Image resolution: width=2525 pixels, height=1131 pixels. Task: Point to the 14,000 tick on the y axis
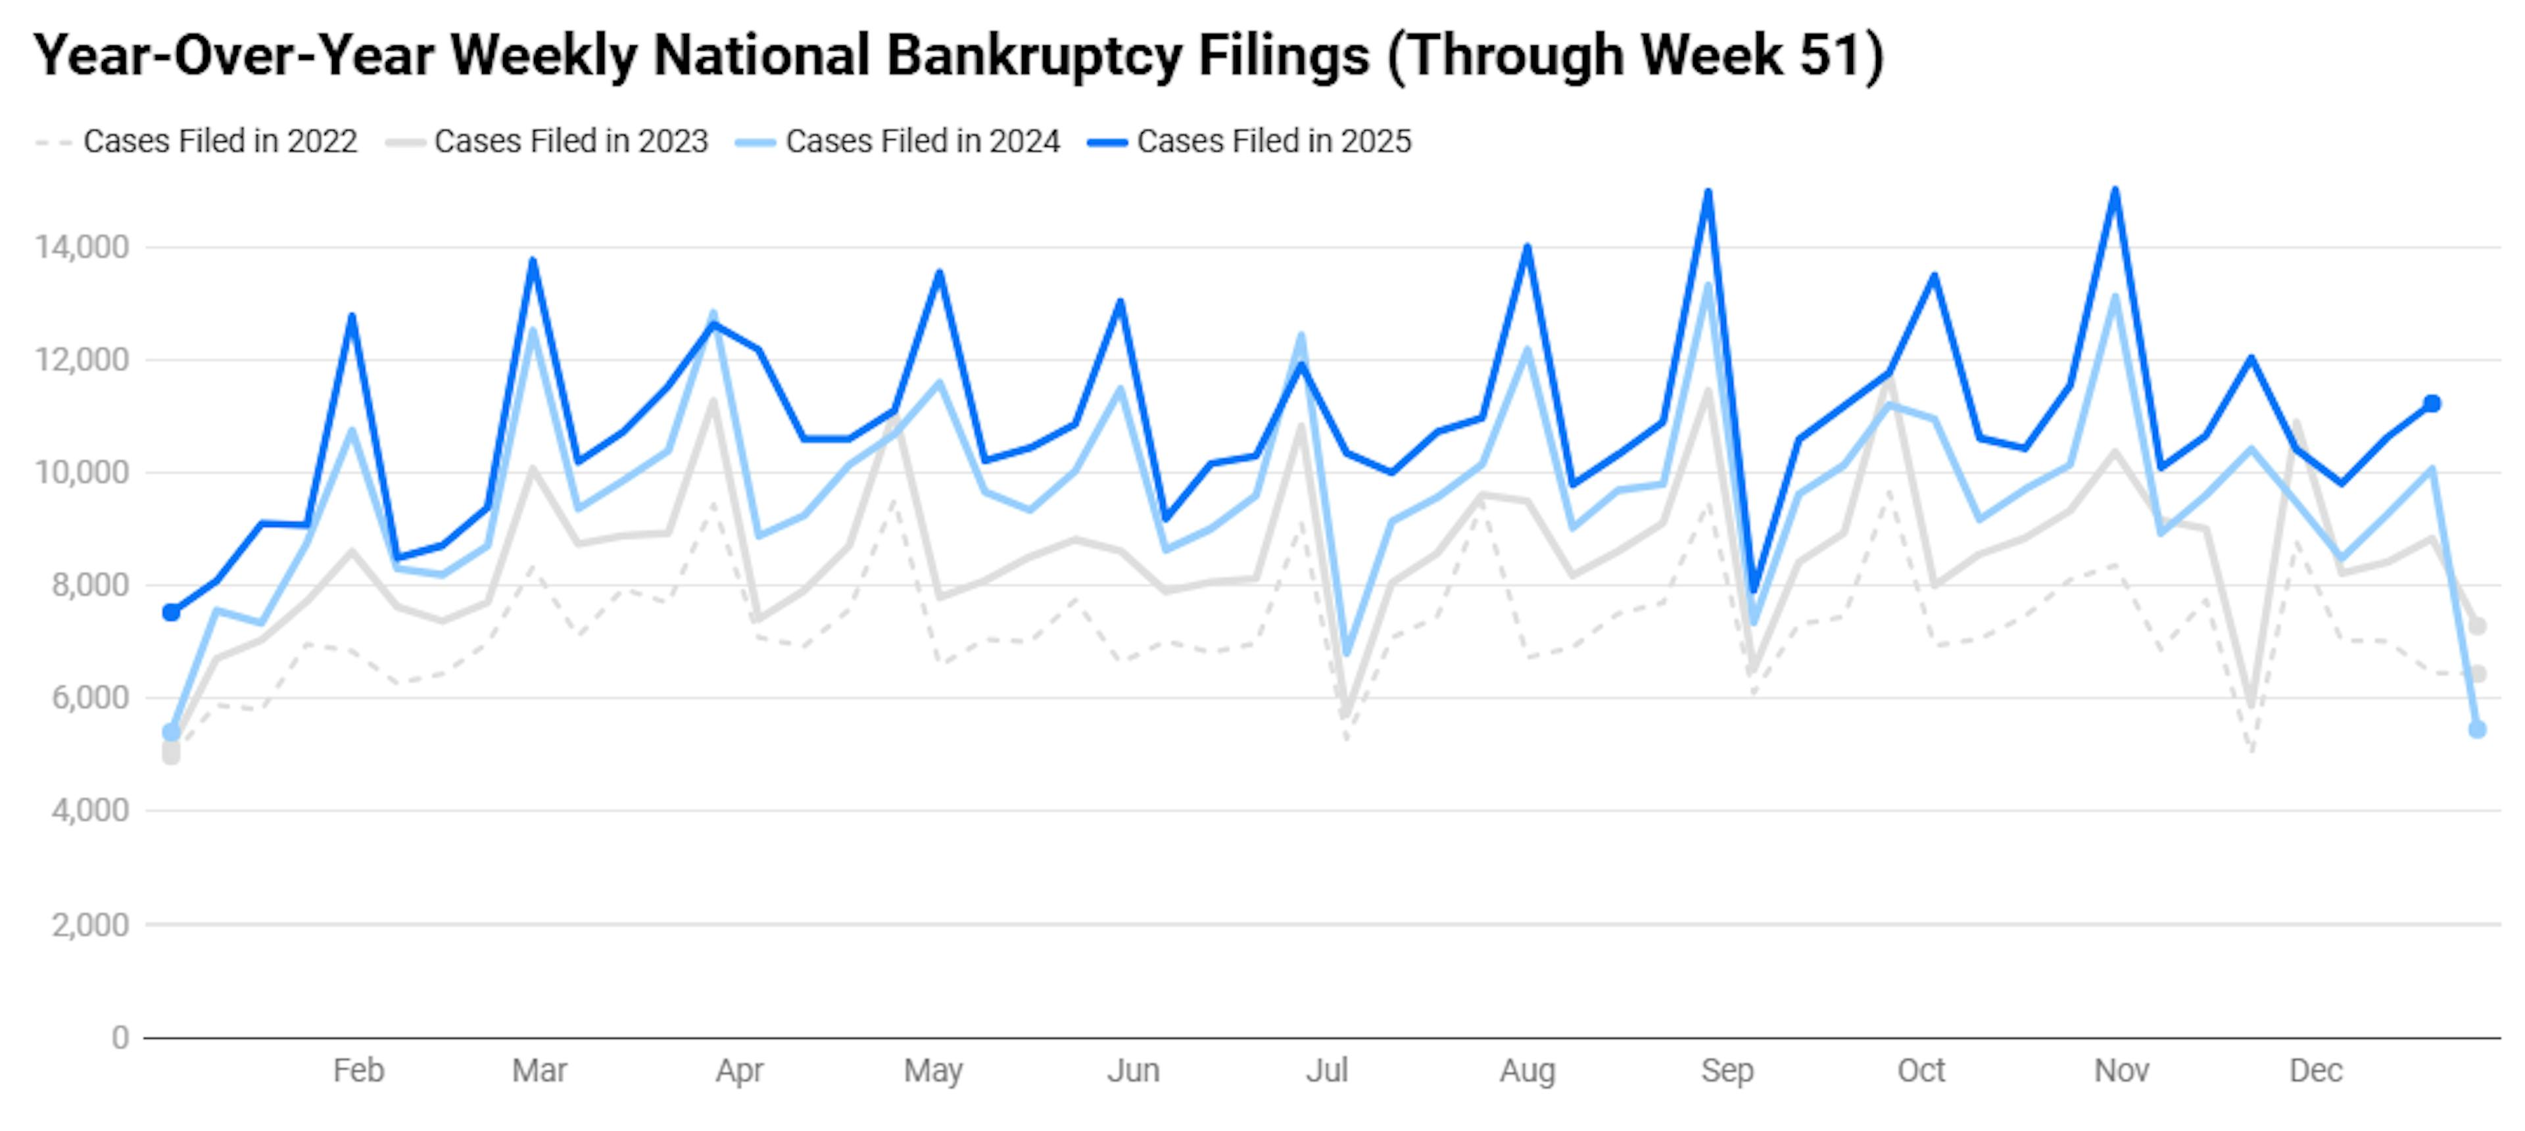(x=82, y=247)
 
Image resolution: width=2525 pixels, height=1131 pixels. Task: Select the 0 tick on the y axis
(x=120, y=1037)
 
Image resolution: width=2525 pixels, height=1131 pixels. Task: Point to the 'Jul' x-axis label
(x=1326, y=1071)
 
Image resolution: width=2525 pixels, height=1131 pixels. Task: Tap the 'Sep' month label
(x=1727, y=1071)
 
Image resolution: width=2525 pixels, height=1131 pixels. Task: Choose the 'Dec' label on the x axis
(x=2315, y=1071)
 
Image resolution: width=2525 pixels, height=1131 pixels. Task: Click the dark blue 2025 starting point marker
(x=172, y=613)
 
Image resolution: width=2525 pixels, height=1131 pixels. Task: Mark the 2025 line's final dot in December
(x=2432, y=404)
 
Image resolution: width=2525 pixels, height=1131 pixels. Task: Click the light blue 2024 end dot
(x=2477, y=729)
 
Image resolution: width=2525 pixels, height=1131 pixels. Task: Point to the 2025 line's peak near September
(x=1708, y=192)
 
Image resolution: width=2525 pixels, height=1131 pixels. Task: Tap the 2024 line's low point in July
(x=1347, y=653)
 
